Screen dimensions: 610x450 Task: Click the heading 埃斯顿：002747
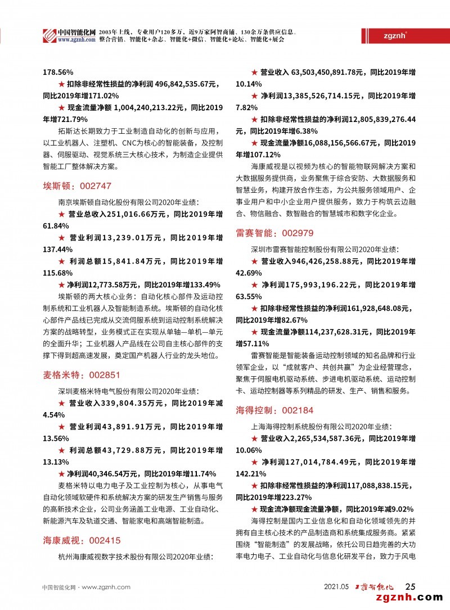(x=77, y=186)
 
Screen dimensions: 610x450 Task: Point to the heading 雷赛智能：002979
(x=274, y=232)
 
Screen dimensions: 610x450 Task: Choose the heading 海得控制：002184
(x=274, y=410)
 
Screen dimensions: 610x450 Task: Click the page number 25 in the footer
(x=411, y=586)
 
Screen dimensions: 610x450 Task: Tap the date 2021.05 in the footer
(x=337, y=587)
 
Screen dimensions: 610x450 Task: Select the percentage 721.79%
(x=65, y=119)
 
